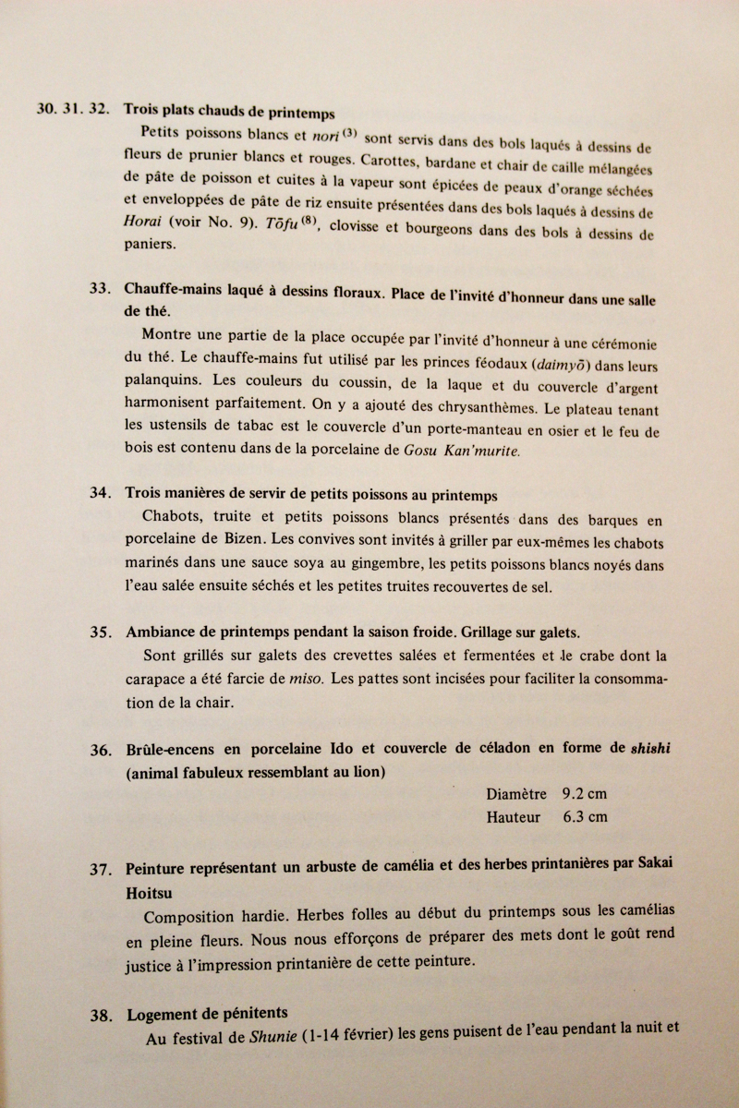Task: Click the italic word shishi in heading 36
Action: click(650, 748)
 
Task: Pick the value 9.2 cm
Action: click(584, 794)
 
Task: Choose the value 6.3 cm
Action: click(584, 817)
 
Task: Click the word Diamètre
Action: click(515, 794)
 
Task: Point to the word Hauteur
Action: click(515, 817)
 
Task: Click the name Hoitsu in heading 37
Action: click(149, 893)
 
